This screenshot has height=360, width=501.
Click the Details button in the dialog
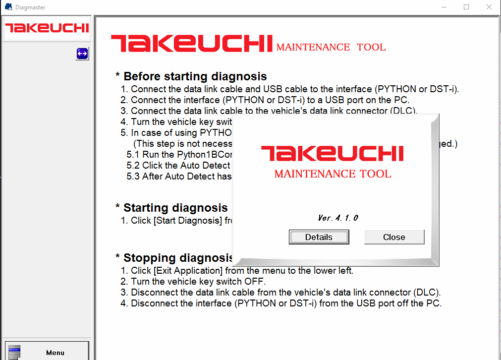coord(319,237)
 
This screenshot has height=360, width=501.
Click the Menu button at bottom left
coord(47,352)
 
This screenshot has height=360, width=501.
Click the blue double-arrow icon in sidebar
coord(82,54)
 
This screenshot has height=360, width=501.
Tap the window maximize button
coord(466,7)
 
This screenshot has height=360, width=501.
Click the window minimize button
coord(444,7)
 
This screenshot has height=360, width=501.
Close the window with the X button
coord(489,7)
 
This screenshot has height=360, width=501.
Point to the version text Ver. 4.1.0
coord(338,218)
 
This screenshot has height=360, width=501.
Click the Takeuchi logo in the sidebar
coord(47,28)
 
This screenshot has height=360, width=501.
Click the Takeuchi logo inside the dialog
coord(332,153)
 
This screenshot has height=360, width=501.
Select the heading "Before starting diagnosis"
coord(195,76)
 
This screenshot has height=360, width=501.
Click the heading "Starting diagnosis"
coord(175,208)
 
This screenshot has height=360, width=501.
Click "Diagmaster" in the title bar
coord(30,7)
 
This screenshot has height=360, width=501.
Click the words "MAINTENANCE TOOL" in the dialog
coord(333,174)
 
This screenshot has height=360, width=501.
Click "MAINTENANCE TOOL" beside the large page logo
coord(331,48)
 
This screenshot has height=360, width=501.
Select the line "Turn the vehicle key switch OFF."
coord(198,282)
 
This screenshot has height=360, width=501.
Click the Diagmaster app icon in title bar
coord(8,7)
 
